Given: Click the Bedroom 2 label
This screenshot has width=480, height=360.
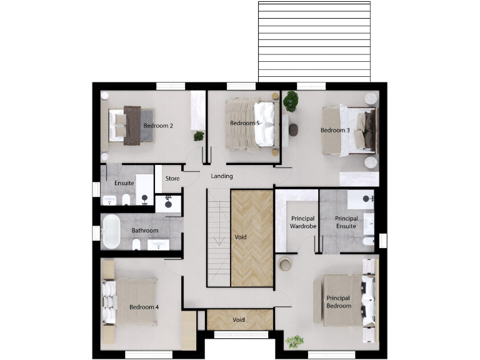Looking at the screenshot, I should click(x=158, y=126).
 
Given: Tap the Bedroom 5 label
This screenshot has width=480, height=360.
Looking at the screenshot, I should click(x=244, y=123).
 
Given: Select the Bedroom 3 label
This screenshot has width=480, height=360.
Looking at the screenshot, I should click(x=335, y=130).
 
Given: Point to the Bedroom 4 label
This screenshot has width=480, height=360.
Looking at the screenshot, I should click(x=144, y=307).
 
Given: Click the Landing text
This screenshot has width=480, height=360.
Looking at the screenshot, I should click(x=222, y=176).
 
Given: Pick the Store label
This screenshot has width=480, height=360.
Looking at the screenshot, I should click(x=172, y=179).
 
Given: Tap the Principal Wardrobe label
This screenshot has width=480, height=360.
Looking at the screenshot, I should click(x=302, y=222).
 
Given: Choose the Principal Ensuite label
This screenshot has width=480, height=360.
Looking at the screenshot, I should click(x=346, y=222).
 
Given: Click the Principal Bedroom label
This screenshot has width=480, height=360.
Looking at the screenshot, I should click(x=339, y=302).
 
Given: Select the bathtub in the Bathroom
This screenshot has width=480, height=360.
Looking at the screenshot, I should click(x=111, y=231).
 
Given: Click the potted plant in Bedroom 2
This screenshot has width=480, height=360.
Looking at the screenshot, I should click(x=199, y=136).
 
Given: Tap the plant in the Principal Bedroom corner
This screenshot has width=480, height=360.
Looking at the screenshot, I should click(x=294, y=341).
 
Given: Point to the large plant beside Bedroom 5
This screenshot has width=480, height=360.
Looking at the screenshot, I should click(x=291, y=101).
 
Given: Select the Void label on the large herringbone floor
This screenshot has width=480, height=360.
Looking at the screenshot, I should click(x=241, y=237).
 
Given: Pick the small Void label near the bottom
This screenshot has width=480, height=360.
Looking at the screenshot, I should click(x=238, y=320).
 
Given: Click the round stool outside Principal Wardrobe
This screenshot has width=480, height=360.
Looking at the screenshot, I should click(x=285, y=264).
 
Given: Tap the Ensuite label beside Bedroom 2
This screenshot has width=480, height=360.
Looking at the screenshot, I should click(x=124, y=183).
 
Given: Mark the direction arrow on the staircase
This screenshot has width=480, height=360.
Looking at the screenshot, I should click(x=218, y=240).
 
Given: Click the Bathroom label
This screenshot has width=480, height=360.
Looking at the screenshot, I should click(x=145, y=231).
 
